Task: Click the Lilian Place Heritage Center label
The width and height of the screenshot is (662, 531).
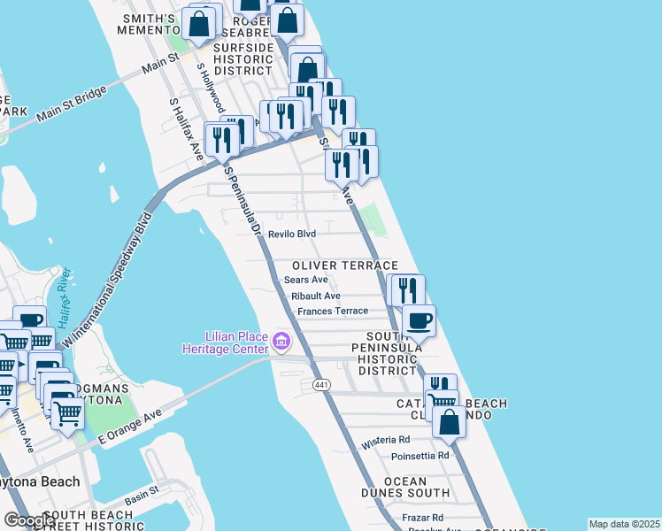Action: [x=236, y=342]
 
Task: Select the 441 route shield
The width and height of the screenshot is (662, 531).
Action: [x=320, y=384]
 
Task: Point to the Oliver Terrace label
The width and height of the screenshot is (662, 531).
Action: [x=344, y=265]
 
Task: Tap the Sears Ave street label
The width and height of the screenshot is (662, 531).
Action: [x=306, y=280]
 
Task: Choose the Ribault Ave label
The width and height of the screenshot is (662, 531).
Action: [x=316, y=296]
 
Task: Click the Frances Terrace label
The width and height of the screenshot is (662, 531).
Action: [x=332, y=312]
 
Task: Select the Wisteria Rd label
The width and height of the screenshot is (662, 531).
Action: [x=386, y=439]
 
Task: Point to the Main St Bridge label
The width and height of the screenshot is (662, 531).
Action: [x=72, y=103]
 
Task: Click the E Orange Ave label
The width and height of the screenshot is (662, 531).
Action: [x=130, y=425]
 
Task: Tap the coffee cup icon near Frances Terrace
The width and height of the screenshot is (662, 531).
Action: [x=419, y=319]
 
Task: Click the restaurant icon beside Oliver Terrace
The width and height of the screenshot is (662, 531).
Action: [x=407, y=289]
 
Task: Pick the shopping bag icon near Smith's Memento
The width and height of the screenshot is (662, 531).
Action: [x=200, y=24]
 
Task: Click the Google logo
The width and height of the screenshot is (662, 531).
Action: [x=29, y=520]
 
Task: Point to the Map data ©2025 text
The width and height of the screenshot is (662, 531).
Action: [x=624, y=524]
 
